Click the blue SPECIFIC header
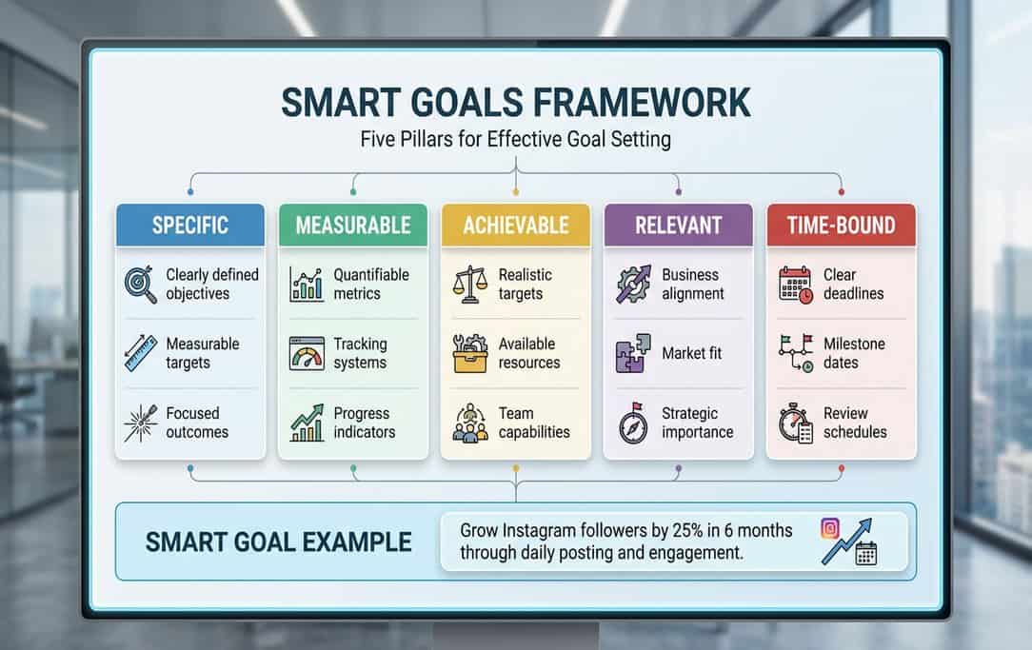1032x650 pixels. coord(190,226)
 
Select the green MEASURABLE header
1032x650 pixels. coord(353,226)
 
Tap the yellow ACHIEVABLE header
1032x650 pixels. coord(515,226)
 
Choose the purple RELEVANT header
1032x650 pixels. coord(678,226)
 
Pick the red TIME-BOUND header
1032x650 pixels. coord(841,226)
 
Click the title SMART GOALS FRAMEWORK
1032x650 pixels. coord(515,103)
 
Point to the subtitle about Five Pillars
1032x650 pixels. coord(515,139)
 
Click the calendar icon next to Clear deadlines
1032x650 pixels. coord(795,284)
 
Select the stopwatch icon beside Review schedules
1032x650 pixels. coord(795,423)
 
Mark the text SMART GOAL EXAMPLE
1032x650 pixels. coord(279,542)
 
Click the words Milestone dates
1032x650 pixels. coord(854,353)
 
